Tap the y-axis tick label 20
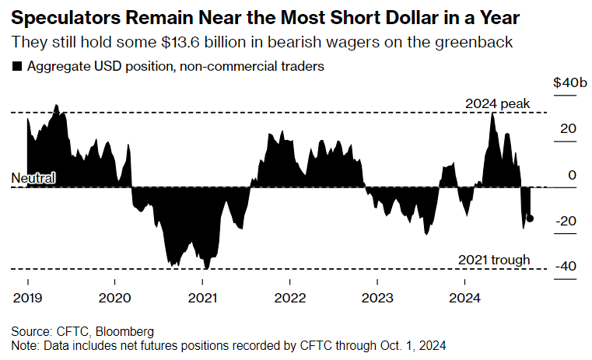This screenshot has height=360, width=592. click(569, 129)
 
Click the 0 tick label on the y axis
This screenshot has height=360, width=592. click(572, 175)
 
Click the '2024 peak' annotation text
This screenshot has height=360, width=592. click(497, 103)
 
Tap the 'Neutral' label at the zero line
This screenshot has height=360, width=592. click(33, 179)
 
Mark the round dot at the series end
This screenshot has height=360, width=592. click(531, 218)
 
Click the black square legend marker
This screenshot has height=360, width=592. click(17, 67)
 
